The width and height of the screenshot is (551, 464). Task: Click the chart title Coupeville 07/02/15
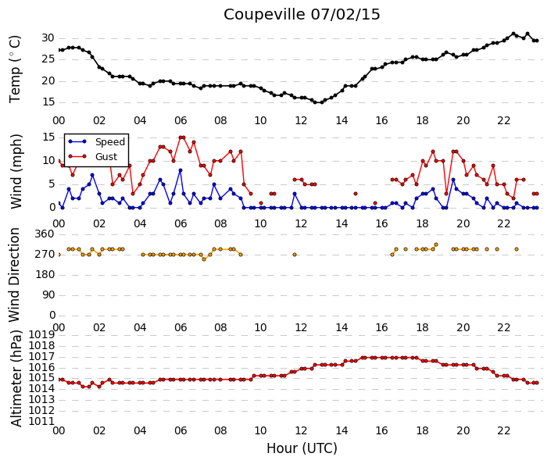coord(302,15)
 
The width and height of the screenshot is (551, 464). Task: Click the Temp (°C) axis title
coord(15,70)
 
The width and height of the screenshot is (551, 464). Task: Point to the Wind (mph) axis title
coord(16,171)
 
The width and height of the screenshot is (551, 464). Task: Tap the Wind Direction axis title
coord(14,275)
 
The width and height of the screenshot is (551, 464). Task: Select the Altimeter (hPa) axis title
coord(16,378)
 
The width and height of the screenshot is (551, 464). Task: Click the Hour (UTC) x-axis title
coord(302,448)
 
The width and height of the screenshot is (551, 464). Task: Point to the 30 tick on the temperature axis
coord(48,38)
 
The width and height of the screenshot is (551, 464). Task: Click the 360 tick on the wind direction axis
coord(45,234)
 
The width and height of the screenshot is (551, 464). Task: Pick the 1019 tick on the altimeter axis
coord(41,335)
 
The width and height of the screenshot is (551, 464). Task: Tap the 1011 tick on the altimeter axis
coord(41,421)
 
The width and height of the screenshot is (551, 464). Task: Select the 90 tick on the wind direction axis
coord(48,294)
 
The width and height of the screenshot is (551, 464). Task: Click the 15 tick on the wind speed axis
coord(48,137)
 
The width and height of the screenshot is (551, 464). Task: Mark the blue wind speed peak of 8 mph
coord(181,170)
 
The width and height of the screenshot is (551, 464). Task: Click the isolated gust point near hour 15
coord(356,194)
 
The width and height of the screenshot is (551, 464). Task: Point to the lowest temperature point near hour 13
coord(321,102)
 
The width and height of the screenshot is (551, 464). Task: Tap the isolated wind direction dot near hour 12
coord(295,255)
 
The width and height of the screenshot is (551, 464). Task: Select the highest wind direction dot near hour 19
coord(436,244)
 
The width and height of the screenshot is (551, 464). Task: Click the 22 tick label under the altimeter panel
coord(503,430)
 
